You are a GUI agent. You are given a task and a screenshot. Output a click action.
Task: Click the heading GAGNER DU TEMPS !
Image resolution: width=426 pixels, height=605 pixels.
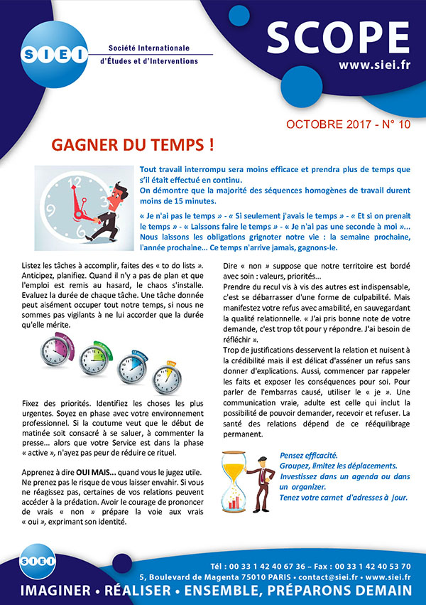click(133, 145)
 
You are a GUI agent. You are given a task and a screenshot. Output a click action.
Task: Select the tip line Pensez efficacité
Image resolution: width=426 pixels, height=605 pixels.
click(310, 454)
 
